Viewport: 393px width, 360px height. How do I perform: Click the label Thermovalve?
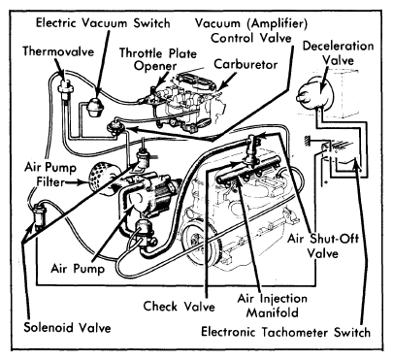[58, 51]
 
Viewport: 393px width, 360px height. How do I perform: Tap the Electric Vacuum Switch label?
[103, 23]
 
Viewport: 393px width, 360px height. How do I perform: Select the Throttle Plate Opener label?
[158, 59]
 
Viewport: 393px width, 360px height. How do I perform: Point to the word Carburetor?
[246, 64]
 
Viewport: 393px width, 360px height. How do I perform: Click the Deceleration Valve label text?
[338, 52]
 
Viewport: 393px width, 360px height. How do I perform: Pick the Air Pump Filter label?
[50, 175]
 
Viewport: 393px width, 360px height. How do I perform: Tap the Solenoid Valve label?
[67, 328]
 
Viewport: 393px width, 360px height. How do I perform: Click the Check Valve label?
[179, 306]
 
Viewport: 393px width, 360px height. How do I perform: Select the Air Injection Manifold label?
[273, 306]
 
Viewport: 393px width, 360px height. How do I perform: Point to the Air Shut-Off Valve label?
[323, 245]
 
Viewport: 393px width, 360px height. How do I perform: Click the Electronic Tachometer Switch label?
[285, 332]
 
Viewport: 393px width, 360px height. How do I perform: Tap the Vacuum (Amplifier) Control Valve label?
[251, 30]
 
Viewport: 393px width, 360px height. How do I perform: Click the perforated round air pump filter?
[100, 177]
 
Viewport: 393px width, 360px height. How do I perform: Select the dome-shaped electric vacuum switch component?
[96, 108]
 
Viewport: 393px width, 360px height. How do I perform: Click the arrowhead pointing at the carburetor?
[221, 86]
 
